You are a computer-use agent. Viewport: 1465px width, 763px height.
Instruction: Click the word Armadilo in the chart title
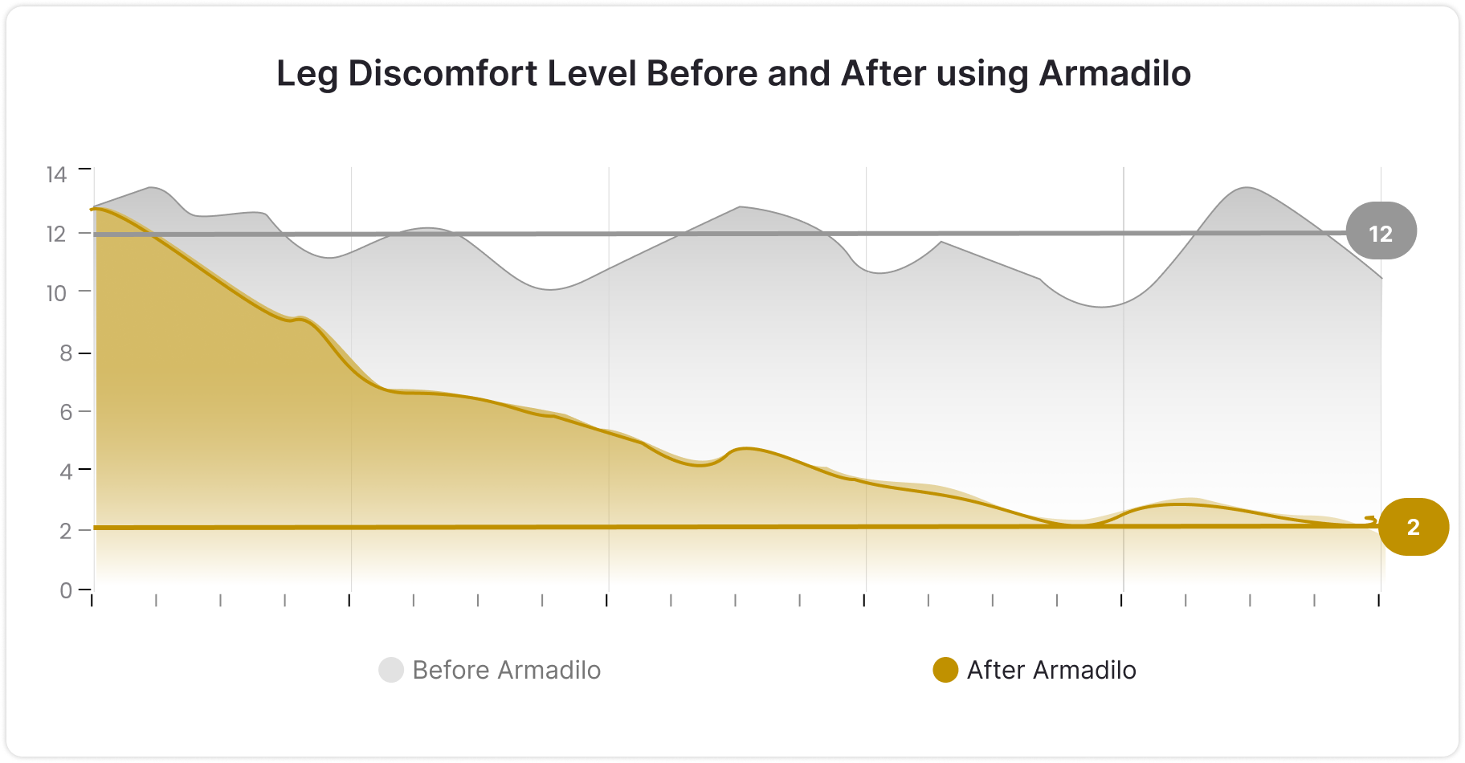(1115, 74)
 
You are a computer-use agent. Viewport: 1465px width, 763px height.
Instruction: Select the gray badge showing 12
(1381, 233)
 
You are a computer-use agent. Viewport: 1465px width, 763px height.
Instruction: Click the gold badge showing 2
(1413, 527)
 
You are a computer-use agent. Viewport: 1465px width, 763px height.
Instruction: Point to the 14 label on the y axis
(56, 174)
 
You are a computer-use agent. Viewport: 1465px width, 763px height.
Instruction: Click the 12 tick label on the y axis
(56, 234)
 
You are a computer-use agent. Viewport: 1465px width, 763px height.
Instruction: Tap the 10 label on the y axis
(56, 293)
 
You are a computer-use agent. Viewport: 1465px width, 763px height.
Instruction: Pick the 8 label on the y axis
(66, 353)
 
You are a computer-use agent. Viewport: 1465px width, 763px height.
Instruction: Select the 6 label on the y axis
(66, 412)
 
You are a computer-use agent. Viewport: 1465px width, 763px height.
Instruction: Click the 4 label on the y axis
(66, 471)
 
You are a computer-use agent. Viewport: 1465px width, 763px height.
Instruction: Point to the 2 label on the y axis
(66, 531)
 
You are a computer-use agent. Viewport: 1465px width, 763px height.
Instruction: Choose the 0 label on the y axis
(66, 590)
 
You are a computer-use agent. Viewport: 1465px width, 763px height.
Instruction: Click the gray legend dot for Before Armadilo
(391, 670)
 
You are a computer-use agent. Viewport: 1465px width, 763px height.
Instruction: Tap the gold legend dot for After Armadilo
(945, 670)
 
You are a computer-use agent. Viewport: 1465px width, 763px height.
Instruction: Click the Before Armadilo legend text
(506, 670)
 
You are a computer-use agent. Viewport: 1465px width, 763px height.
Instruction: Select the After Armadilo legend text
(1051, 670)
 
